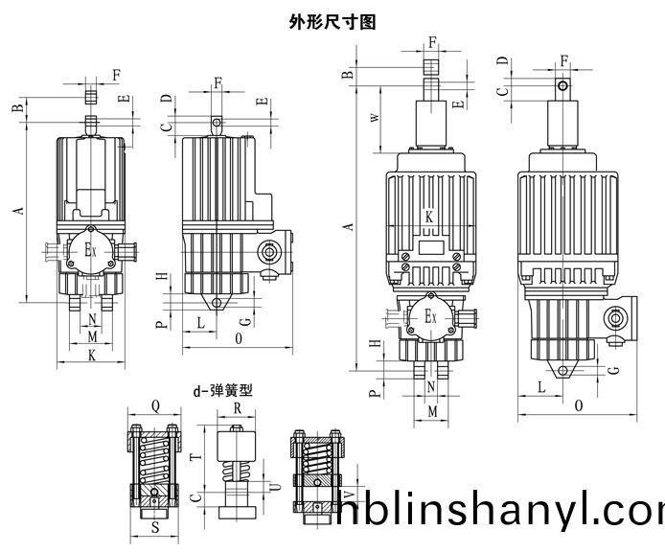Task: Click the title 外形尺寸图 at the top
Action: click(x=332, y=20)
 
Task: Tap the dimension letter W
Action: click(x=374, y=118)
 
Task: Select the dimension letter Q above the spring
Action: click(x=154, y=404)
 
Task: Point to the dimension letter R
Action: click(x=237, y=405)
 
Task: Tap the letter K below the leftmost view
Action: click(x=91, y=356)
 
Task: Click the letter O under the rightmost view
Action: click(x=579, y=406)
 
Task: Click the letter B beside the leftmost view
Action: click(x=17, y=107)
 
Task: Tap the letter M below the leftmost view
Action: click(x=92, y=337)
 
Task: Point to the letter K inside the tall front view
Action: click(x=429, y=218)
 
